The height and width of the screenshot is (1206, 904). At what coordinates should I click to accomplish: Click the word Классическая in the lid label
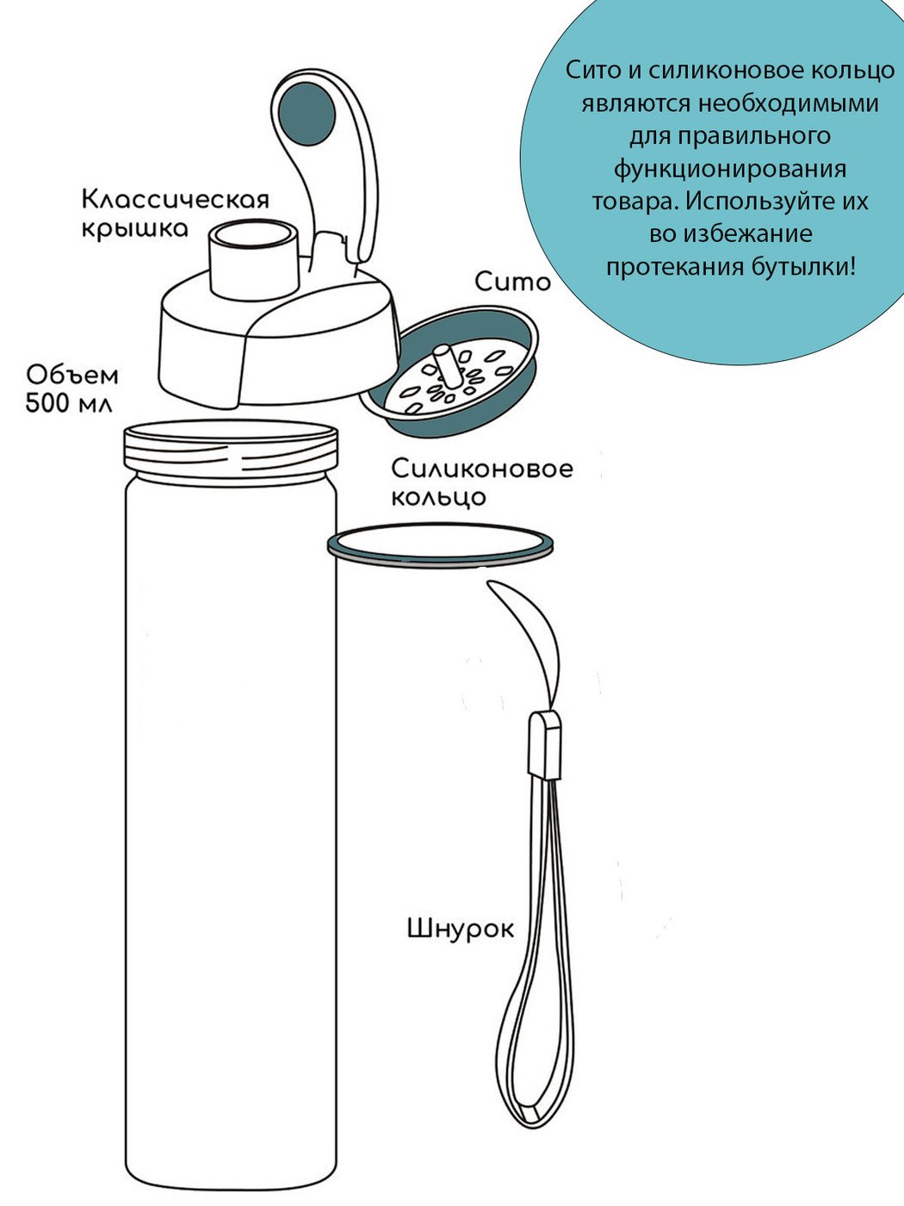pos(176,200)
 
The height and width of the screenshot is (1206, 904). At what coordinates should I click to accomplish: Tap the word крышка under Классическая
pos(135,229)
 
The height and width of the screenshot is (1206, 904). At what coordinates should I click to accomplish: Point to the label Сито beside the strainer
pos(512,283)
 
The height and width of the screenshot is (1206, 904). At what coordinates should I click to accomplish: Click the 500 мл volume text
pos(69,404)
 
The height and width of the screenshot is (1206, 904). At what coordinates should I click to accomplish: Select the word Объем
pos(72,376)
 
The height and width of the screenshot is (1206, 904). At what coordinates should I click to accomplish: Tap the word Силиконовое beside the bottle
pos(482,469)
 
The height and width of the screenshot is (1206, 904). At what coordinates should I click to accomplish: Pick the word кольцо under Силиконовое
pos(438,498)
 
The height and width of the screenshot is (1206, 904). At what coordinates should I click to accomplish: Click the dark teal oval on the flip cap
pos(306,114)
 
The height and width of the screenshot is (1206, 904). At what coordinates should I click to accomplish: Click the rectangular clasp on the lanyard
pos(544,745)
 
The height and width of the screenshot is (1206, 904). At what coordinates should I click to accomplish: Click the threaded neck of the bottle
pos(231,453)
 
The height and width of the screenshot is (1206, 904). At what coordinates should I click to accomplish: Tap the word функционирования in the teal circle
pos(730,169)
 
